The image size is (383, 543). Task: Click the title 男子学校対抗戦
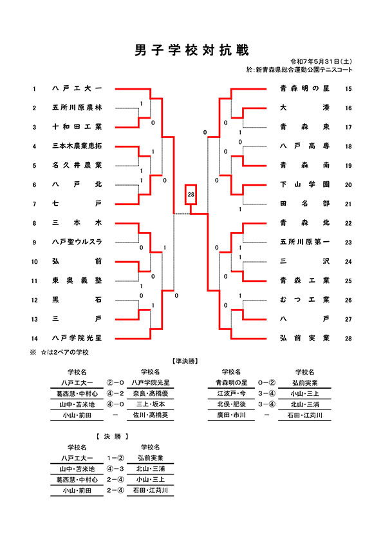[x=192, y=50]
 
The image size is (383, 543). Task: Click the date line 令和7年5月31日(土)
[x=321, y=62]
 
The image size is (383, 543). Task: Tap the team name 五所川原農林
[x=77, y=108]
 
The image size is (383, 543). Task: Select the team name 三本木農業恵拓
[x=77, y=146]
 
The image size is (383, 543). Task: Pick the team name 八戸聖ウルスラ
[x=77, y=242]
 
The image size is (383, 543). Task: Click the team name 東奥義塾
[x=77, y=281]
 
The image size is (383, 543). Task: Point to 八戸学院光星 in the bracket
[x=77, y=338]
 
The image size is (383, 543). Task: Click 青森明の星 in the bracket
[x=304, y=88]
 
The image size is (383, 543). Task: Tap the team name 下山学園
[x=304, y=184]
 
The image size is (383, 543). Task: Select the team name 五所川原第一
[x=304, y=242]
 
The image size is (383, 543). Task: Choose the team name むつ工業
[x=304, y=300]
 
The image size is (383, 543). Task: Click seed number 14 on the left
[x=34, y=339]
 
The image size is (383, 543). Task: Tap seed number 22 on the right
[x=348, y=223]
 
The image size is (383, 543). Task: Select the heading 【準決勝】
[x=185, y=361]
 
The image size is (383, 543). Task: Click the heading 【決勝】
[x=113, y=437]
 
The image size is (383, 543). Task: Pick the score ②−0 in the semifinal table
[x=115, y=382]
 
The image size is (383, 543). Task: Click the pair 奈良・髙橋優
[x=151, y=394]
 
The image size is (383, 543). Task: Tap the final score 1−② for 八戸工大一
[x=115, y=458]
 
